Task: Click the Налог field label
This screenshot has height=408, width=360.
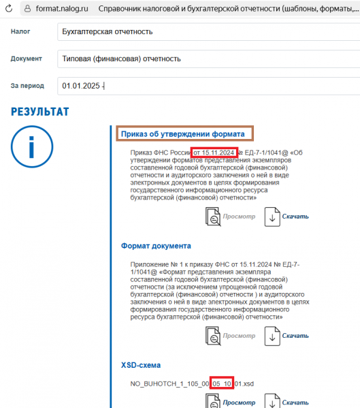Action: pyautogui.click(x=20, y=31)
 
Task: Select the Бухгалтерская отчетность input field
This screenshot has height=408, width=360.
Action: pyautogui.click(x=204, y=32)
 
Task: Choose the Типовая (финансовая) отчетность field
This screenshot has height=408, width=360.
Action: pyautogui.click(x=204, y=59)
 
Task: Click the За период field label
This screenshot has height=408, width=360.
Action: pyautogui.click(x=28, y=86)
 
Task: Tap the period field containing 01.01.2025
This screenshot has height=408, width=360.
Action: pyautogui.click(x=204, y=87)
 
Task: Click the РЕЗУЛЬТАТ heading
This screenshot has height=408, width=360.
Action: pyautogui.click(x=39, y=111)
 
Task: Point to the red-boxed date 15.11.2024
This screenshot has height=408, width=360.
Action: pyautogui.click(x=213, y=152)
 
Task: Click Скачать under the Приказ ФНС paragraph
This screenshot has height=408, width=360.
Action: pyautogui.click(x=295, y=217)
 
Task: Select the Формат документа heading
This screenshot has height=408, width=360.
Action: pyautogui.click(x=156, y=245)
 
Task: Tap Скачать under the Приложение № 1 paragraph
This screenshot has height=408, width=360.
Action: pyautogui.click(x=295, y=336)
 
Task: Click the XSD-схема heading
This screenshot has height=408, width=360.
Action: pyautogui.click(x=146, y=366)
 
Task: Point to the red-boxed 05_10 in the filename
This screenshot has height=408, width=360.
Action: pyautogui.click(x=222, y=384)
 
